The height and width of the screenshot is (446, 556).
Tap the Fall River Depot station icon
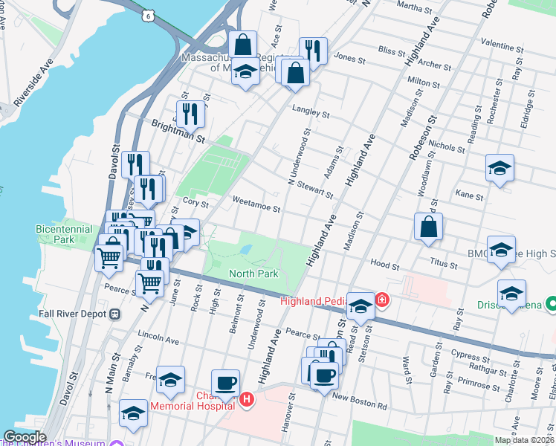pyautogui.click(x=114, y=314)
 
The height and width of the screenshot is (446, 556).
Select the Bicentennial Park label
pyautogui.click(x=64, y=235)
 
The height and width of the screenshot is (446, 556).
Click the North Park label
pyautogui.click(x=253, y=274)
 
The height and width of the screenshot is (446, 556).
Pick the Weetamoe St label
pyautogui.click(x=255, y=200)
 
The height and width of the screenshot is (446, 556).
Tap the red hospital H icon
pyautogui.click(x=247, y=400)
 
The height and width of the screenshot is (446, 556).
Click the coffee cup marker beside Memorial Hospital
pyautogui.click(x=225, y=384)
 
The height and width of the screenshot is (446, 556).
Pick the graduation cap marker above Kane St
pyautogui.click(x=500, y=168)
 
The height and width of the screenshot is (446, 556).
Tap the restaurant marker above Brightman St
pyautogui.click(x=191, y=114)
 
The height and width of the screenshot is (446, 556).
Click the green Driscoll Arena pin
pyautogui.click(x=551, y=304)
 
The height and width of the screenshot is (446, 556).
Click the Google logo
pyautogui.click(x=25, y=438)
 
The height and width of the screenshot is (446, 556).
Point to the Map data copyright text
pyautogui.click(x=524, y=440)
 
